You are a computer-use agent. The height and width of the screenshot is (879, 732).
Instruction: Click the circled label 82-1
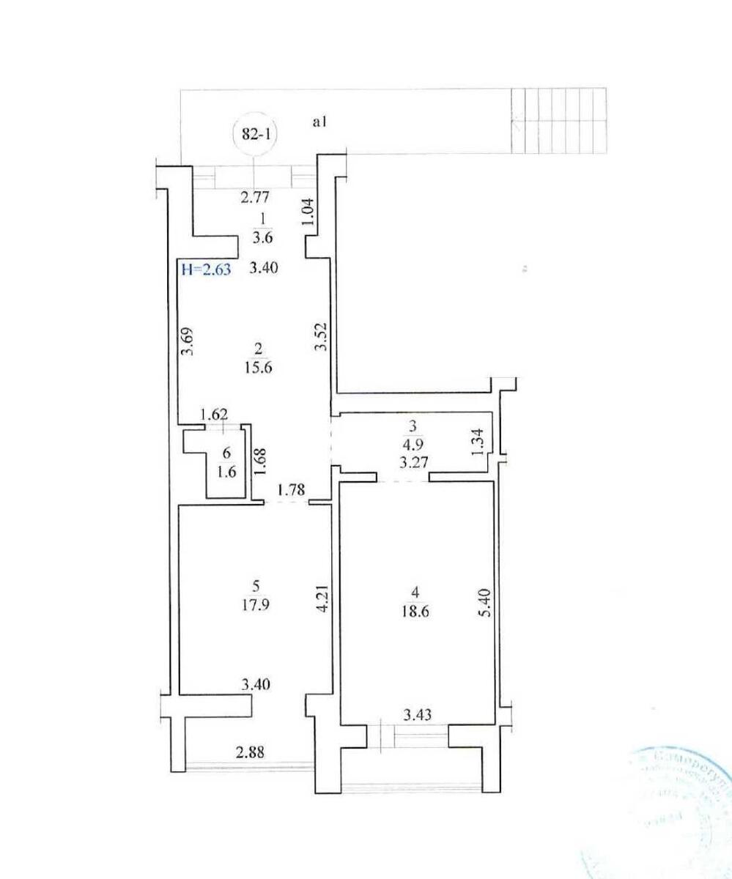click(x=254, y=135)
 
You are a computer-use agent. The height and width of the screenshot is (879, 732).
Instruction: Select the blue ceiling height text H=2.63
click(x=206, y=269)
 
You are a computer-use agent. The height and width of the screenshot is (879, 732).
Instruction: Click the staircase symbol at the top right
click(x=560, y=120)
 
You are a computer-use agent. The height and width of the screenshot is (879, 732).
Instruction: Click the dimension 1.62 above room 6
click(x=215, y=413)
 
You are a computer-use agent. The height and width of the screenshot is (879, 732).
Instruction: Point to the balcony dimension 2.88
click(x=248, y=752)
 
